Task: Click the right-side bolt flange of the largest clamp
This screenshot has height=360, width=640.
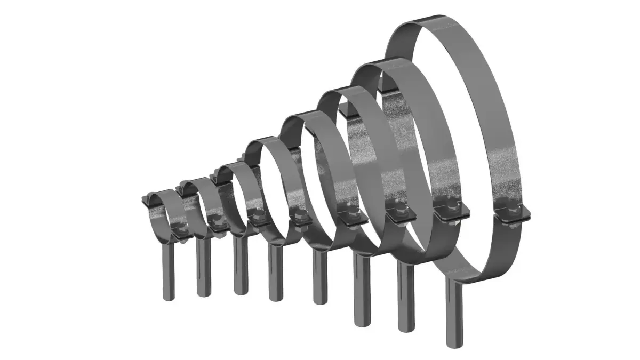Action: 513,215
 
